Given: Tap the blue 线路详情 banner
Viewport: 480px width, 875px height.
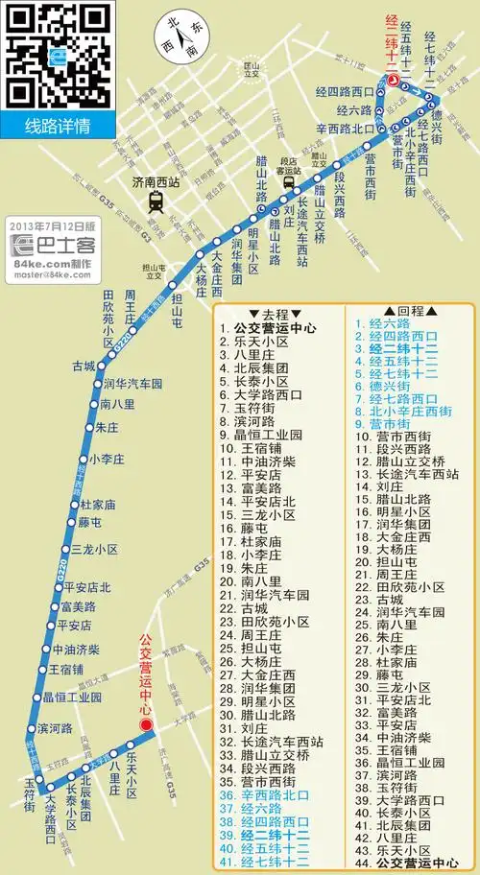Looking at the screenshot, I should [57, 126].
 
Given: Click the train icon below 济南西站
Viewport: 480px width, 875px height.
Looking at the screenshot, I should [155, 201].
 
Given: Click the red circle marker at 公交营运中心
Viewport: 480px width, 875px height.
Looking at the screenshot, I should [147, 725].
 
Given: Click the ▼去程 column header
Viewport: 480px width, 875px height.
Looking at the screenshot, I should [268, 313].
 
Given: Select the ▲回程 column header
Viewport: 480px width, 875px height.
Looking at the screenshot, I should [402, 313].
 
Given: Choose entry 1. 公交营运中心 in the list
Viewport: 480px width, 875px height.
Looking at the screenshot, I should [275, 326].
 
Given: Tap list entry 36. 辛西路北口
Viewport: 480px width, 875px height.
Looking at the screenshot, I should [276, 795].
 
